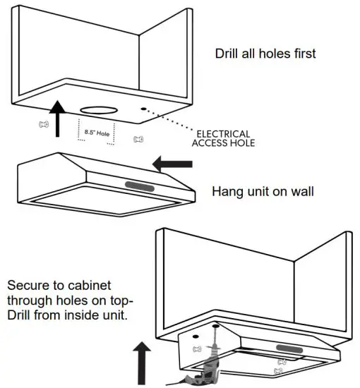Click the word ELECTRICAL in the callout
pos(222,133)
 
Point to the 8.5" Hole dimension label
pos(96,132)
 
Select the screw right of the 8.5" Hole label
pos(138,139)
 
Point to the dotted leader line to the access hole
pos(174,122)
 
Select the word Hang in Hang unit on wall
pos(227,191)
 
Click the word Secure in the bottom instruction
pos(26,286)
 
